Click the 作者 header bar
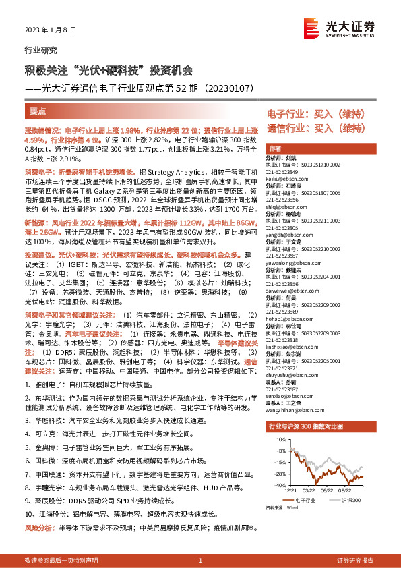click(x=275, y=148)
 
